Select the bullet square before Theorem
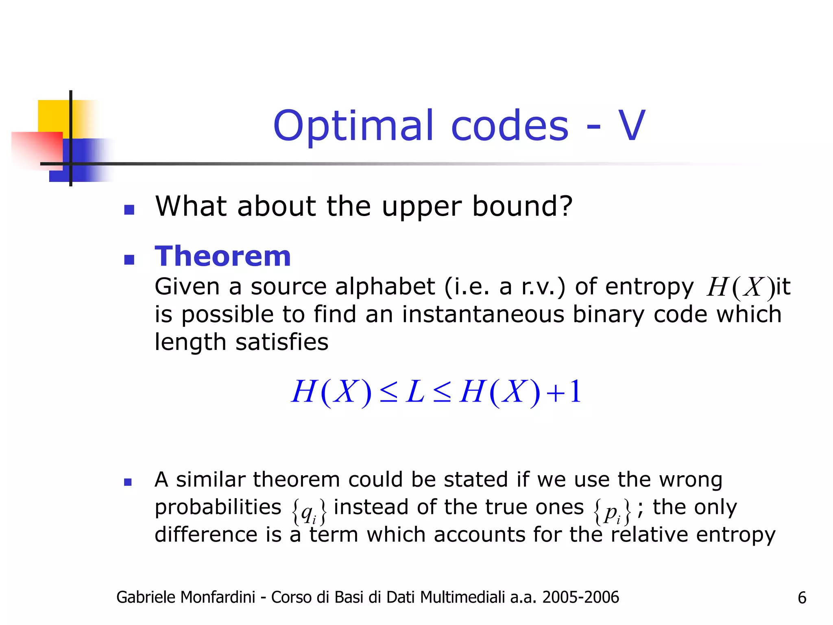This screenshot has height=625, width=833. pyautogui.click(x=129, y=260)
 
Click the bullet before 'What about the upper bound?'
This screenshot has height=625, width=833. pyautogui.click(x=129, y=210)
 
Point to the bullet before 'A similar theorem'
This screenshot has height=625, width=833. pyautogui.click(x=128, y=482)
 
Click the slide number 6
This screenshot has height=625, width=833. pyautogui.click(x=802, y=598)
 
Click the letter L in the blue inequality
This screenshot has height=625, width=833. pyautogui.click(x=415, y=392)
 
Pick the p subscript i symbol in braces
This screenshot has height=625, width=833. pyautogui.click(x=613, y=512)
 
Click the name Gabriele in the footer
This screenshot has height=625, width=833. pyautogui.click(x=145, y=597)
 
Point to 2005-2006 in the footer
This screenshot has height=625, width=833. pyautogui.click(x=580, y=597)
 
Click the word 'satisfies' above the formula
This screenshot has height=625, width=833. pyautogui.click(x=282, y=342)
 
